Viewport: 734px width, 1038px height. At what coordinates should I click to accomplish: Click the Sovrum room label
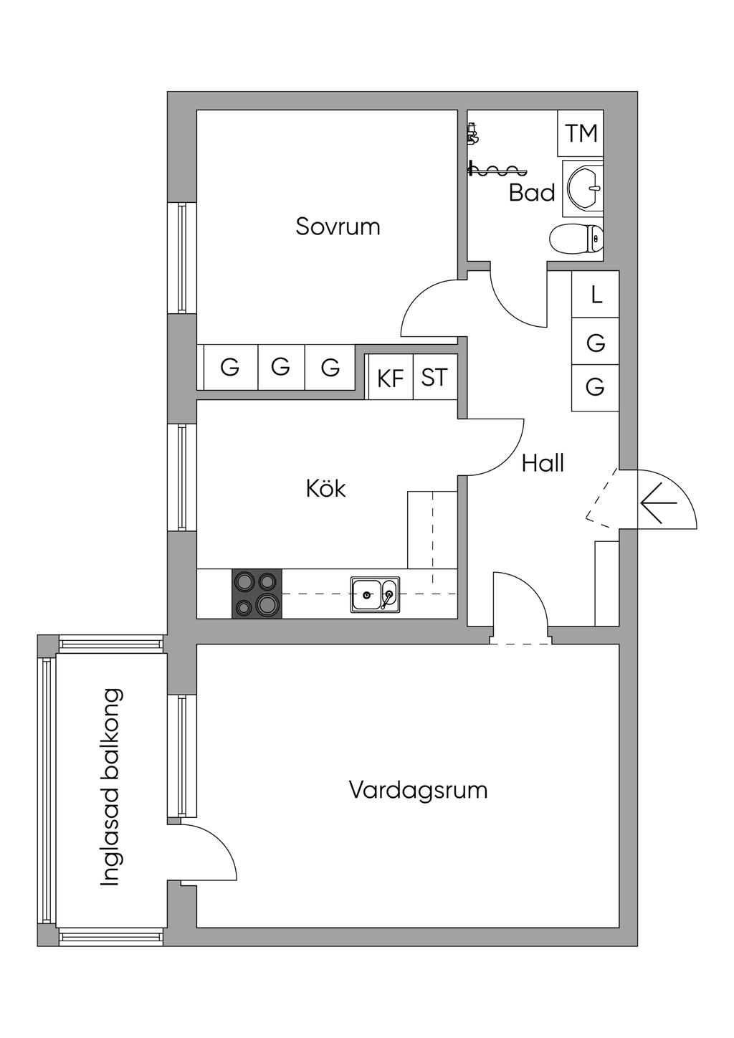338,227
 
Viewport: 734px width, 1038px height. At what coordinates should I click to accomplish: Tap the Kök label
326,489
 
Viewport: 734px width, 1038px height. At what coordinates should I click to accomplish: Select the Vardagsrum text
418,791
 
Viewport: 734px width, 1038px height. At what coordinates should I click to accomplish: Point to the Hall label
543,463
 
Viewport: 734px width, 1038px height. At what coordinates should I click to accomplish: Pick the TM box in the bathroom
581,133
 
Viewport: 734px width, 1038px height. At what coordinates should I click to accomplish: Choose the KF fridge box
390,378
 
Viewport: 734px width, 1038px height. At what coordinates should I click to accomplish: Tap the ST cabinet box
434,377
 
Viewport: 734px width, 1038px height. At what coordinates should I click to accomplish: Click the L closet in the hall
596,295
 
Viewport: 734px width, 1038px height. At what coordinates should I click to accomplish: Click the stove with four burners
257,594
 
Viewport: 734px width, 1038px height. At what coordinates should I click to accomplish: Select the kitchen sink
375,594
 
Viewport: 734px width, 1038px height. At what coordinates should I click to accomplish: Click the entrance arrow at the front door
659,503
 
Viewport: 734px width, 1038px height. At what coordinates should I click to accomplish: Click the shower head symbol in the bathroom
472,133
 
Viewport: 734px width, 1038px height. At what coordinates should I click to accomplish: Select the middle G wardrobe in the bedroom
280,368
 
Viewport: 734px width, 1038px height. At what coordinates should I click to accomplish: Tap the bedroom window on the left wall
182,258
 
